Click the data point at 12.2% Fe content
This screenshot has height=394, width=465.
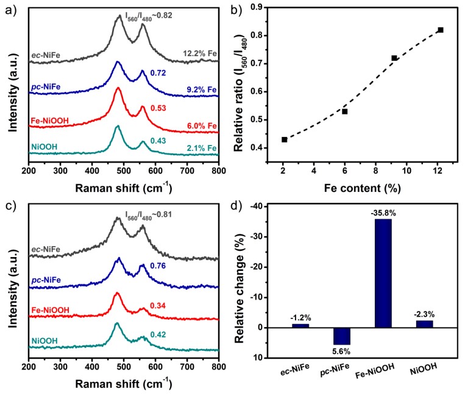tap(440, 30)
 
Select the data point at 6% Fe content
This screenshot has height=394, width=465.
tap(344, 111)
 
